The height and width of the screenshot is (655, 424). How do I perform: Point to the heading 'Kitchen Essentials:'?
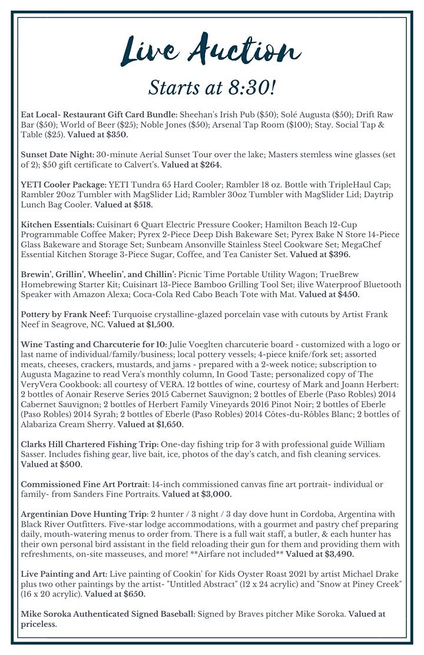[57, 225]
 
